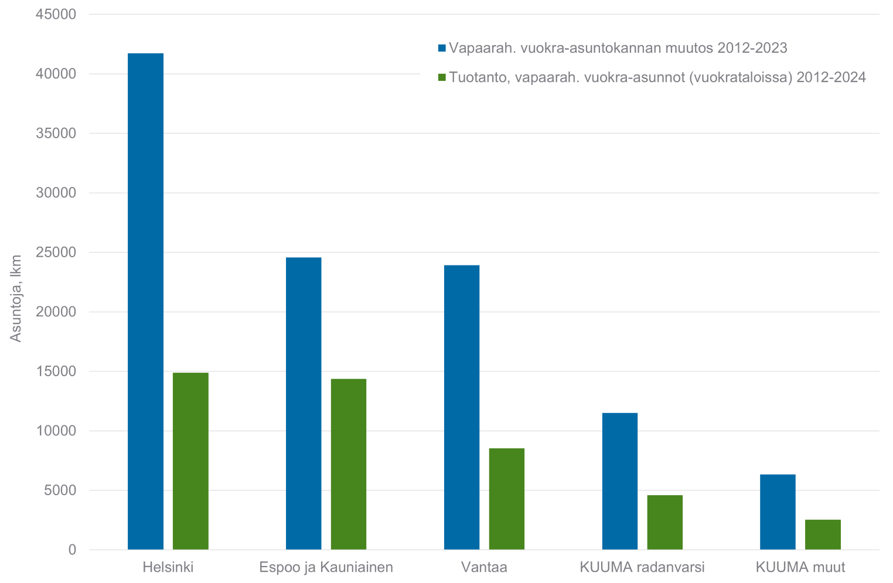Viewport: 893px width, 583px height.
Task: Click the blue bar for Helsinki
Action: (x=145, y=301)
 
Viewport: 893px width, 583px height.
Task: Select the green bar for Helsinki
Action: (x=190, y=461)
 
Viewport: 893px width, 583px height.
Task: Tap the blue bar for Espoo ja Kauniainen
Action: (x=304, y=403)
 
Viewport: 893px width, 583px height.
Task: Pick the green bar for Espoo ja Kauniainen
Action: (x=349, y=464)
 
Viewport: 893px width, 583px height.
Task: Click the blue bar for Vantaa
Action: (x=462, y=407)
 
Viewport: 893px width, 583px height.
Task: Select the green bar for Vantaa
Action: (x=507, y=499)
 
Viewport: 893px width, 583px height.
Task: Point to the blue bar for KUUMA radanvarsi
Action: (x=620, y=481)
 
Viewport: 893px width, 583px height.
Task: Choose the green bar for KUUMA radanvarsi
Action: (x=665, y=522)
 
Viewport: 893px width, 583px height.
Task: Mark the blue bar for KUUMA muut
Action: (x=778, y=512)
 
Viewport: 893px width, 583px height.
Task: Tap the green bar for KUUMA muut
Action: (x=823, y=534)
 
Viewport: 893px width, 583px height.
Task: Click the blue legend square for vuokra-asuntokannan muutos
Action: (x=442, y=48)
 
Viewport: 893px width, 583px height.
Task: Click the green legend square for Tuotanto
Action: (x=442, y=77)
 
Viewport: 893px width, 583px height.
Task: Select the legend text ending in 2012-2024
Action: (x=657, y=77)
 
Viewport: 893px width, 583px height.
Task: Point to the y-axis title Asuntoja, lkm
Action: (x=16, y=298)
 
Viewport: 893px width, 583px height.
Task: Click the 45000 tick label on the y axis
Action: (x=56, y=14)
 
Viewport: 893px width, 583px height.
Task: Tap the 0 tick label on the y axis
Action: (x=71, y=550)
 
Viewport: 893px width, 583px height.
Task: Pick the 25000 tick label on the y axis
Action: (x=56, y=253)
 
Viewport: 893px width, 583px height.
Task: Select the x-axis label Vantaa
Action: (x=484, y=567)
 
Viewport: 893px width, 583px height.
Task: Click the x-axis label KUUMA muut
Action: (x=800, y=567)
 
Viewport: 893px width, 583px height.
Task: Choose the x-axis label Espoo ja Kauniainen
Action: (x=326, y=567)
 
